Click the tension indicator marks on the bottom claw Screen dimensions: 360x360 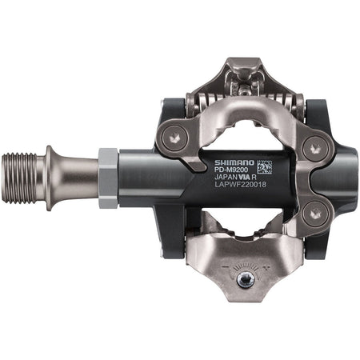[x=238, y=263]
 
